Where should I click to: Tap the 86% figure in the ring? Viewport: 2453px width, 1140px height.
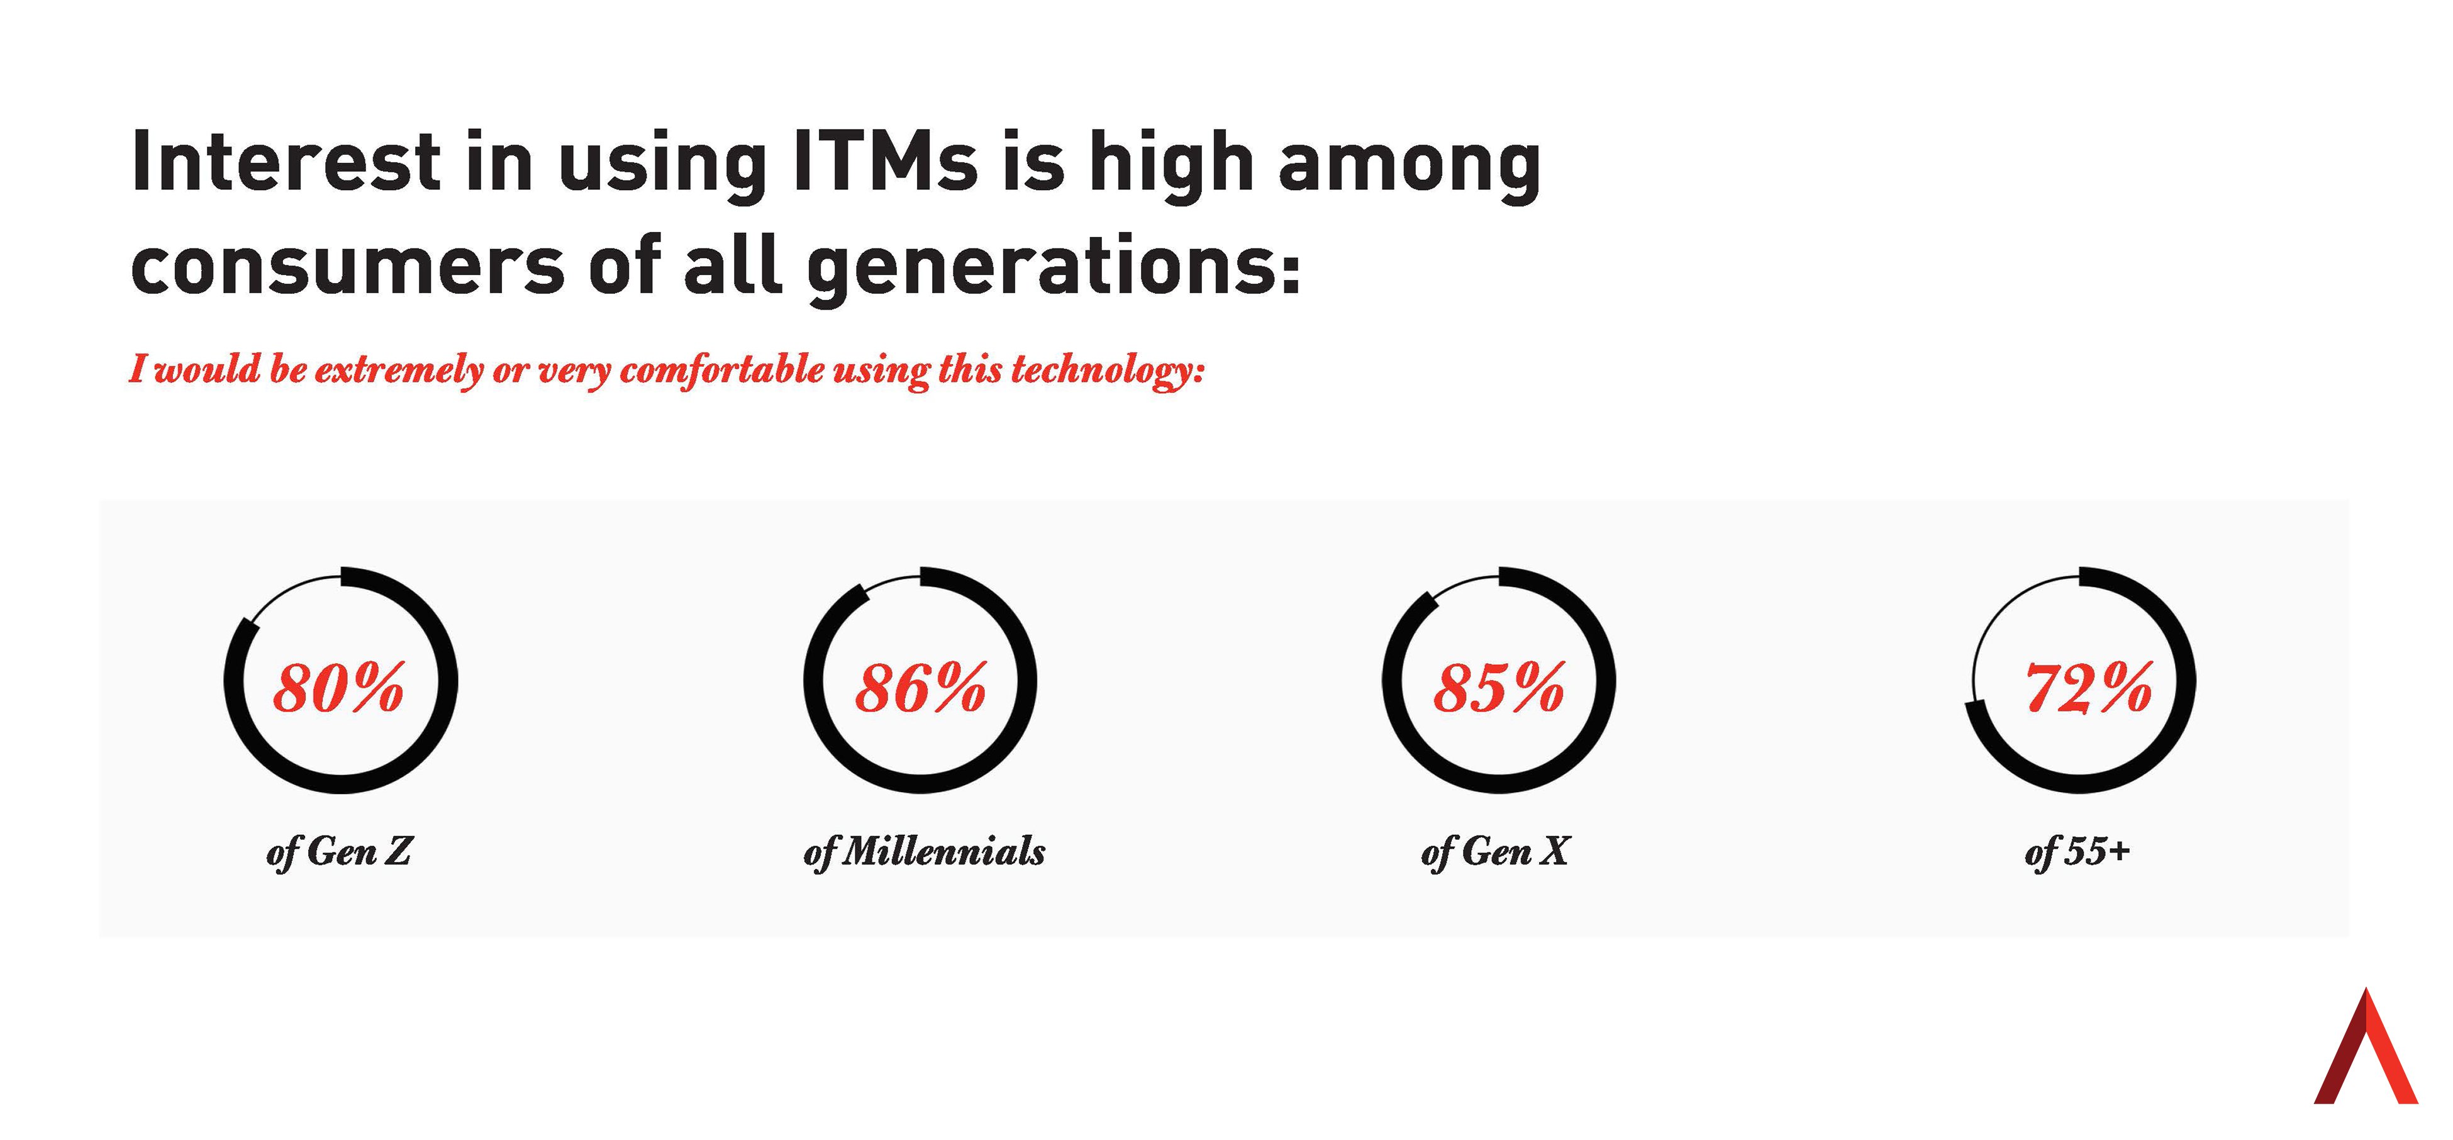920,688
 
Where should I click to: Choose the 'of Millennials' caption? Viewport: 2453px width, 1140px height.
924,851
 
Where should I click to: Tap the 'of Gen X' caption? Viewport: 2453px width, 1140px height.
1495,851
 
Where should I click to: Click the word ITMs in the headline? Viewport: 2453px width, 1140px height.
884,162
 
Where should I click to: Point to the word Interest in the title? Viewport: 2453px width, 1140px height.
286,162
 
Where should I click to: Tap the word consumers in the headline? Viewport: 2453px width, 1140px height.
348,267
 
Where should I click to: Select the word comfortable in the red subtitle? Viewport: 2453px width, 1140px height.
722,369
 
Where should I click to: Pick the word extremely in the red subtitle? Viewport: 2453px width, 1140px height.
399,369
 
